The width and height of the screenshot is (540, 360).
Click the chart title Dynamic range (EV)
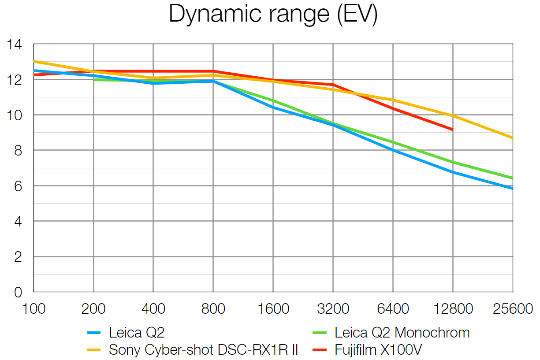[273, 15]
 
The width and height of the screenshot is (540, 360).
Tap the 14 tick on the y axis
[14, 44]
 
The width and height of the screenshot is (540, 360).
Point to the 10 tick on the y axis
[14, 115]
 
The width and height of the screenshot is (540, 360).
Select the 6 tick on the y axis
[18, 186]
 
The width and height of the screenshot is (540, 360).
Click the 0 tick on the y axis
[18, 292]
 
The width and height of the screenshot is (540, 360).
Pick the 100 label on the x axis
[34, 309]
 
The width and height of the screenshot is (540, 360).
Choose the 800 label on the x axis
[213, 309]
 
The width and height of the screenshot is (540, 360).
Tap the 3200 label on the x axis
[333, 309]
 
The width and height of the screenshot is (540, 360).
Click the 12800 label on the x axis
[453, 309]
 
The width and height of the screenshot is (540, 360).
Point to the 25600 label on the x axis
[513, 309]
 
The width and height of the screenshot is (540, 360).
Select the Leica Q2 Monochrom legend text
[402, 332]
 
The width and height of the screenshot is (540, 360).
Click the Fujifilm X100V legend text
[378, 350]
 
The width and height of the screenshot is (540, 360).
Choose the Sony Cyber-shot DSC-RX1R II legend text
[203, 350]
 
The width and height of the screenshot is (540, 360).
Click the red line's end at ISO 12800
[453, 130]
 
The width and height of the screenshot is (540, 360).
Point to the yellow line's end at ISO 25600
[512, 138]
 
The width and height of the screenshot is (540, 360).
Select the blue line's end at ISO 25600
[512, 188]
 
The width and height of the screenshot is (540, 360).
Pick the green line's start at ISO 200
[94, 79]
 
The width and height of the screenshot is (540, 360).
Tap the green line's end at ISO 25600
[512, 178]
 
